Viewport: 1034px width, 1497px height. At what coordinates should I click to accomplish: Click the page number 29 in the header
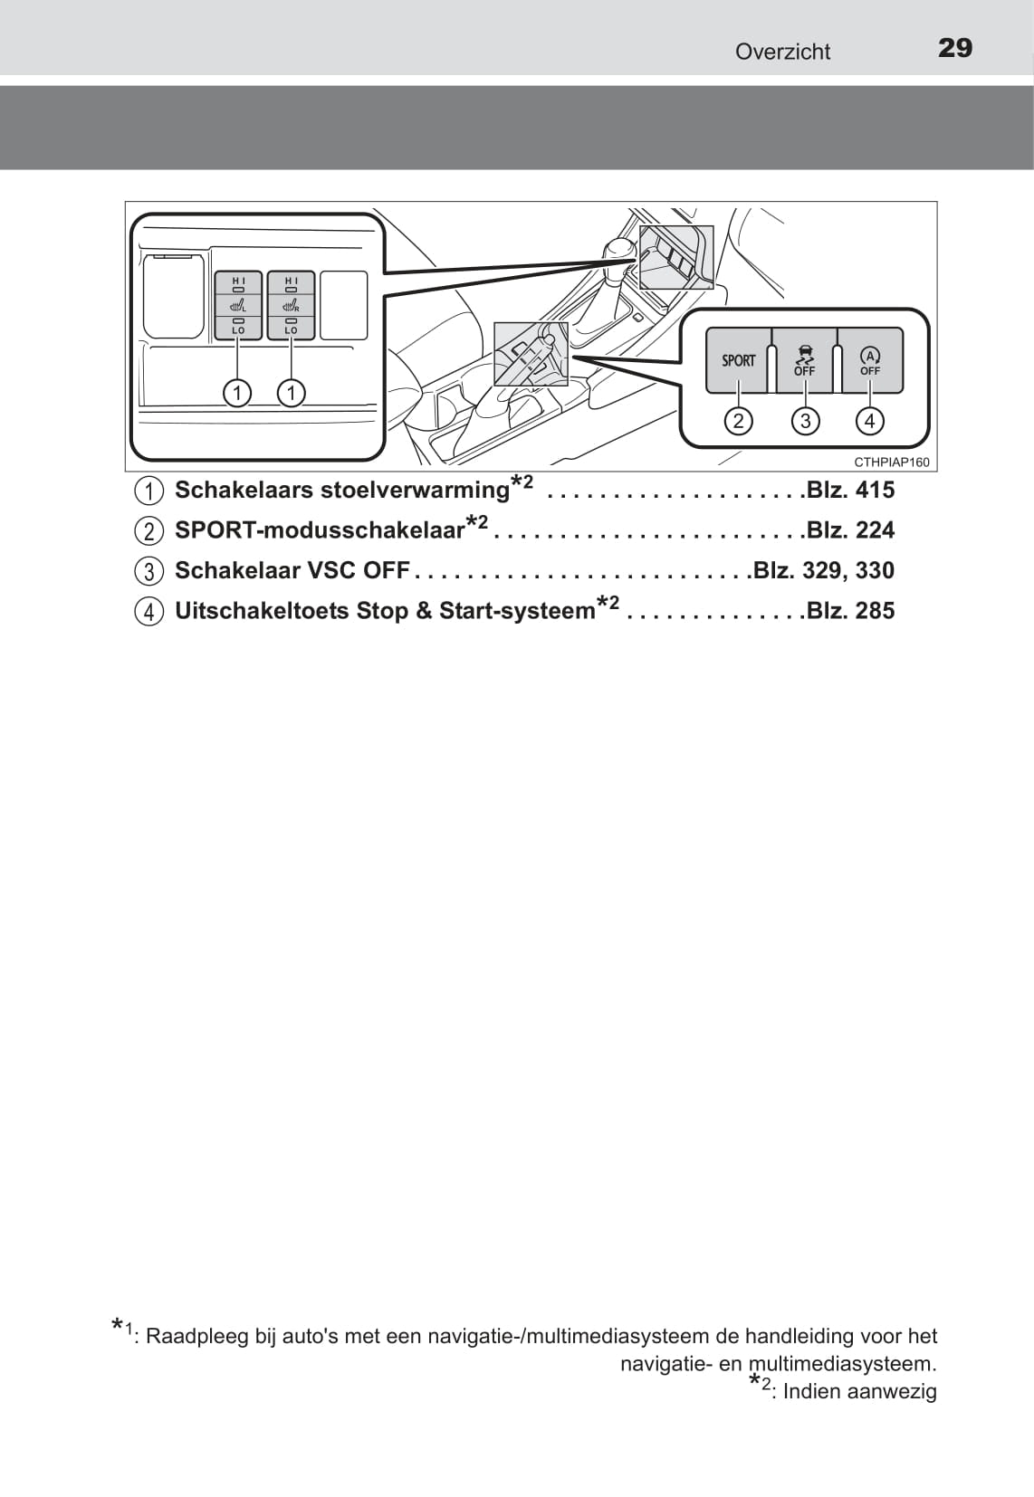(x=954, y=48)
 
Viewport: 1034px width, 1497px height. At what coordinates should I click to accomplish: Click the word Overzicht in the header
(x=782, y=52)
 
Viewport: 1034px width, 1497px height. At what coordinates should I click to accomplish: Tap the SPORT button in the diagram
(x=738, y=360)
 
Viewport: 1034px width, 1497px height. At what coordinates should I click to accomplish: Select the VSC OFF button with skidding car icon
(x=805, y=360)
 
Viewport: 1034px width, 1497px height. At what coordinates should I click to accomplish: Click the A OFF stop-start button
(x=869, y=360)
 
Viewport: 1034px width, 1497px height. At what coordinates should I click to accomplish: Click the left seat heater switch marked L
(x=238, y=305)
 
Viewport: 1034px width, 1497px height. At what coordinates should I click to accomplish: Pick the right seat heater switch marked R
(x=291, y=305)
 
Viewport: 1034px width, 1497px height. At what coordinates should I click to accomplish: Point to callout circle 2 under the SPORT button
(x=738, y=421)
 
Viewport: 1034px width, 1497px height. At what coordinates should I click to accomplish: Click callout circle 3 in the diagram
(x=805, y=421)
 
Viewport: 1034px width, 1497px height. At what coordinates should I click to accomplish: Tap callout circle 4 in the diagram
(x=869, y=421)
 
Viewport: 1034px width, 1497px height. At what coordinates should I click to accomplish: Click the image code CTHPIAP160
(x=892, y=462)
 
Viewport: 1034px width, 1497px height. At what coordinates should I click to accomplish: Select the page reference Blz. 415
(x=850, y=490)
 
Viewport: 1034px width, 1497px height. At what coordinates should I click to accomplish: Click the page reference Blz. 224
(x=850, y=530)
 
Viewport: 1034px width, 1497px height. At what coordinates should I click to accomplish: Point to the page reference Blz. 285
(x=850, y=610)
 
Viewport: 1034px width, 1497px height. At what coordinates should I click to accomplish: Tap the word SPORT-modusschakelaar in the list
(x=321, y=530)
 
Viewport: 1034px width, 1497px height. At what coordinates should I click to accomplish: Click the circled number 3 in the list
(x=149, y=571)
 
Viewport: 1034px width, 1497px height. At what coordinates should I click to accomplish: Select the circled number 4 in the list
(x=149, y=612)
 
